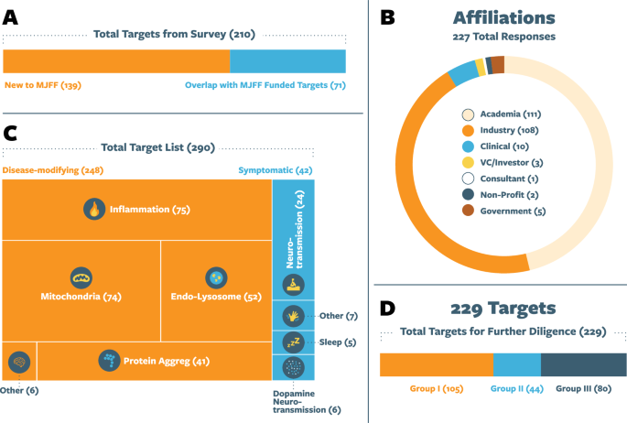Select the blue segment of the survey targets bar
[x=287, y=61]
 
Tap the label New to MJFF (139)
[x=44, y=86]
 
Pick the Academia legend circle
[x=468, y=114]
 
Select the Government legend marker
[x=468, y=211]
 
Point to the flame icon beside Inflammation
[x=93, y=210]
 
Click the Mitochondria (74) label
[x=81, y=297]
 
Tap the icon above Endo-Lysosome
[x=215, y=277]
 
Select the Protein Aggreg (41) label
[x=167, y=361]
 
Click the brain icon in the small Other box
[x=18, y=362]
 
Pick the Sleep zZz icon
[x=293, y=342]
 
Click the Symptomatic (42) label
[x=275, y=170]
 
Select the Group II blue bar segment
[x=517, y=365]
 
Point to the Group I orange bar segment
[x=436, y=365]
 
